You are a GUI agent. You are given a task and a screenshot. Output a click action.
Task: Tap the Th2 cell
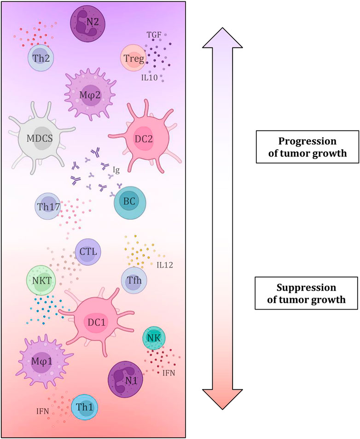42,58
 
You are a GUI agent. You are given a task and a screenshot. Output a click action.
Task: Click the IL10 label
150,78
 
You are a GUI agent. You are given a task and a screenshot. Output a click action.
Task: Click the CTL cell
88,252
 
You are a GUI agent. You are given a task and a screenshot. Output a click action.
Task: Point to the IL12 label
164,265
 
